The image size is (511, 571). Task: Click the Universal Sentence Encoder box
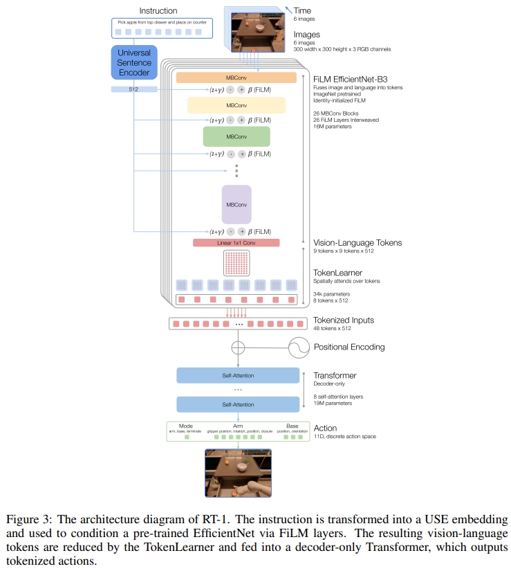tap(134, 63)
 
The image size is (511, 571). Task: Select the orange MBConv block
tap(236, 78)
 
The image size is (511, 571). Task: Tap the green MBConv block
tap(236, 136)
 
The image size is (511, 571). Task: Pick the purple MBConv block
tap(236, 204)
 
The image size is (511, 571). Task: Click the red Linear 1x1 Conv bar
tap(236, 243)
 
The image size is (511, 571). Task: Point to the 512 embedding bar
tap(134, 89)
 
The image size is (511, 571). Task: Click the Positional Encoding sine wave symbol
tap(299, 347)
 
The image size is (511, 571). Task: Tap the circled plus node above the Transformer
tap(237, 347)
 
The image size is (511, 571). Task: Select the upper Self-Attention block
tap(237, 376)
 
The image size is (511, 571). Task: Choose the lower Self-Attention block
tap(237, 404)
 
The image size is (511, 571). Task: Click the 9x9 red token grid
tap(236, 264)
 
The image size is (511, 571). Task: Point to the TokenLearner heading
tap(337, 272)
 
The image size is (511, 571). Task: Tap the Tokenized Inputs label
tap(344, 320)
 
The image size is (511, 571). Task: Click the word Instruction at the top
tap(158, 11)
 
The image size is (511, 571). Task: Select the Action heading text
tap(326, 428)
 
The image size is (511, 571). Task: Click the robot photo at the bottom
tap(237, 473)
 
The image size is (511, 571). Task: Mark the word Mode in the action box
tap(186, 426)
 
